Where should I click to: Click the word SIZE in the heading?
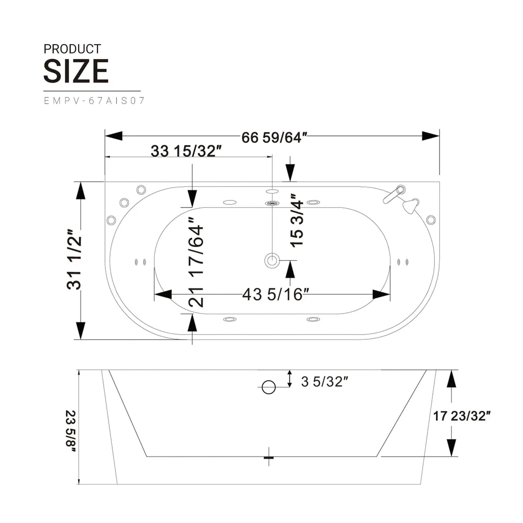76,71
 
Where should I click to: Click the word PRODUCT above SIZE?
72,49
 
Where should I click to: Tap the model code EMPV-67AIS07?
94,101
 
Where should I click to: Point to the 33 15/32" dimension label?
186,151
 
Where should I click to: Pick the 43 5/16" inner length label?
275,294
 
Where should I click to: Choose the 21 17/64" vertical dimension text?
197,266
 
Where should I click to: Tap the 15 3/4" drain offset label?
297,221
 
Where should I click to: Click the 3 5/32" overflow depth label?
324,381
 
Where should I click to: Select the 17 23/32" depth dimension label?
461,416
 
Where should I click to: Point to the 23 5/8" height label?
71,431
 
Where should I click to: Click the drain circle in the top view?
272,260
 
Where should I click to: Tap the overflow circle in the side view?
269,387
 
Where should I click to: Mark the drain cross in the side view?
269,457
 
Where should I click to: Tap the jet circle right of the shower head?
431,220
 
